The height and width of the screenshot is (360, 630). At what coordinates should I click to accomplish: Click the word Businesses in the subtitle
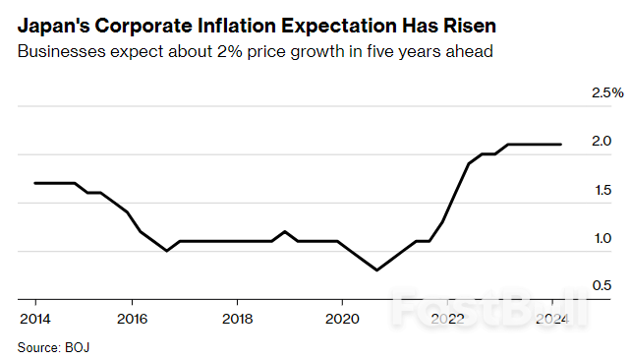click(x=60, y=51)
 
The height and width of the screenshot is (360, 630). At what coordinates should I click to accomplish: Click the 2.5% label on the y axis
click(x=606, y=92)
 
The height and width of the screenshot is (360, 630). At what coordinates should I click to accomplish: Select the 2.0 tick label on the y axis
click(x=601, y=142)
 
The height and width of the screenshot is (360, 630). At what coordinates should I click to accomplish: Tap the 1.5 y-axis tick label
click(x=601, y=190)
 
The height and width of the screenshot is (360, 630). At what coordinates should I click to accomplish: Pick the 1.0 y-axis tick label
click(x=601, y=238)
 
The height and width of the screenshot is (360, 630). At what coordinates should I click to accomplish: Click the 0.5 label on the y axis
click(x=601, y=286)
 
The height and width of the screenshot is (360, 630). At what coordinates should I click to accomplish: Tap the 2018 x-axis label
click(x=237, y=319)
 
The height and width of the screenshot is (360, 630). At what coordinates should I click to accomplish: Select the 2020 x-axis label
click(x=342, y=319)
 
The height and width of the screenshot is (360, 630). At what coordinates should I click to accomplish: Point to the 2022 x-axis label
click(x=447, y=319)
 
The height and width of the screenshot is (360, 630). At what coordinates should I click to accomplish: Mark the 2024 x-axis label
click(x=550, y=319)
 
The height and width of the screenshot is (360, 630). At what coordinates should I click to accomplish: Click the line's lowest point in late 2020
click(x=376, y=270)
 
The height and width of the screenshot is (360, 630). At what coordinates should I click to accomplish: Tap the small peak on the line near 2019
click(x=284, y=231)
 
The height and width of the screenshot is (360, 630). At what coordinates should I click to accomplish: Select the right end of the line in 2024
click(x=560, y=145)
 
